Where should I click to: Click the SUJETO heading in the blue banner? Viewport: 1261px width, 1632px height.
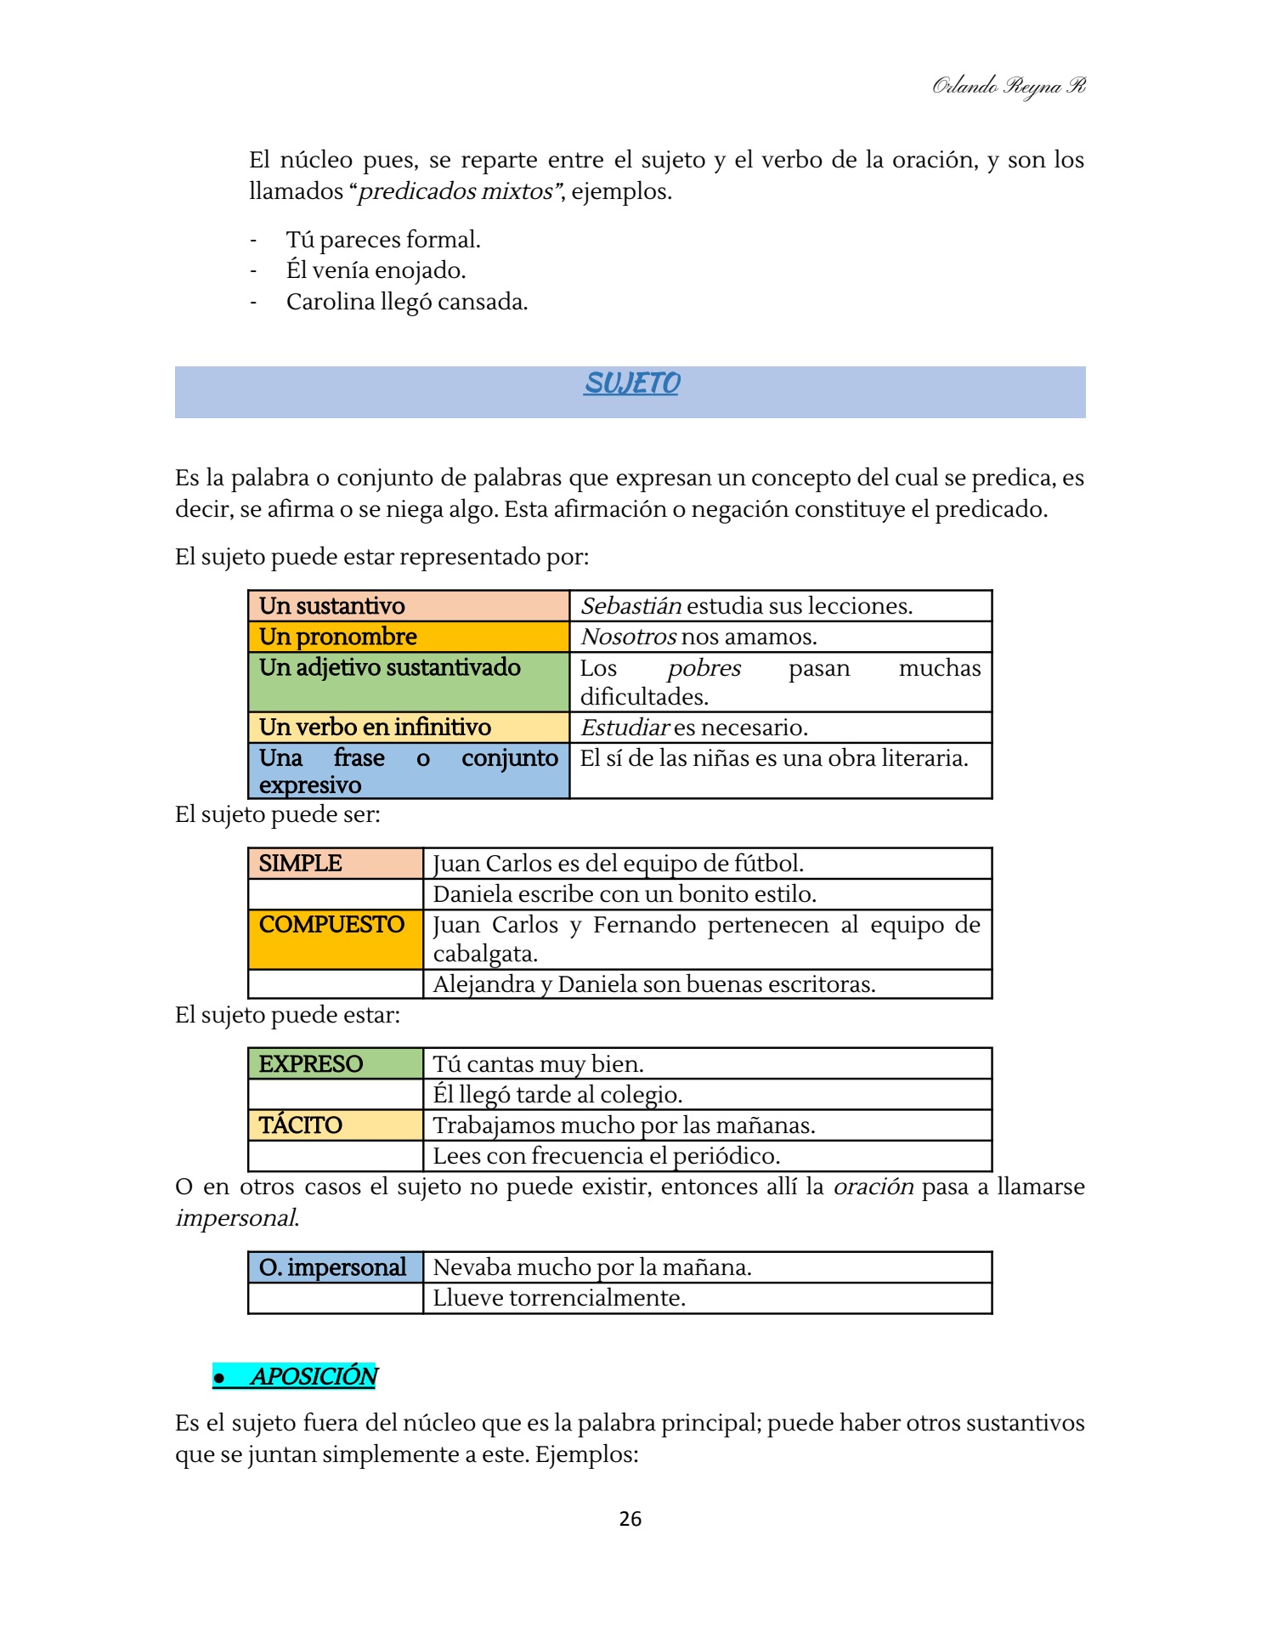pos(631,383)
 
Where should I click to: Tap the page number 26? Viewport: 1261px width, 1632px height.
pos(630,1519)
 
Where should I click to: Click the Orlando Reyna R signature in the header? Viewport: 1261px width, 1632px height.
pos(1008,86)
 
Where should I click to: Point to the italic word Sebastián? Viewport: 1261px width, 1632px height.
pos(631,606)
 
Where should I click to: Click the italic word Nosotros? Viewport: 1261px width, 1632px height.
pos(629,637)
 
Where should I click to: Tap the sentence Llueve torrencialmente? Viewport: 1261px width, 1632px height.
pos(559,1298)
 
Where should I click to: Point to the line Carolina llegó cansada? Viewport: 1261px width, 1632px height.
pos(406,302)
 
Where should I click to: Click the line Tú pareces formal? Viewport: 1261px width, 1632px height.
pos(383,240)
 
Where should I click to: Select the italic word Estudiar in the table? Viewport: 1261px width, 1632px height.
pos(625,728)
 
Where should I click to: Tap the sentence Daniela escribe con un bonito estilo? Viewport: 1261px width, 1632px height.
pos(625,894)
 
